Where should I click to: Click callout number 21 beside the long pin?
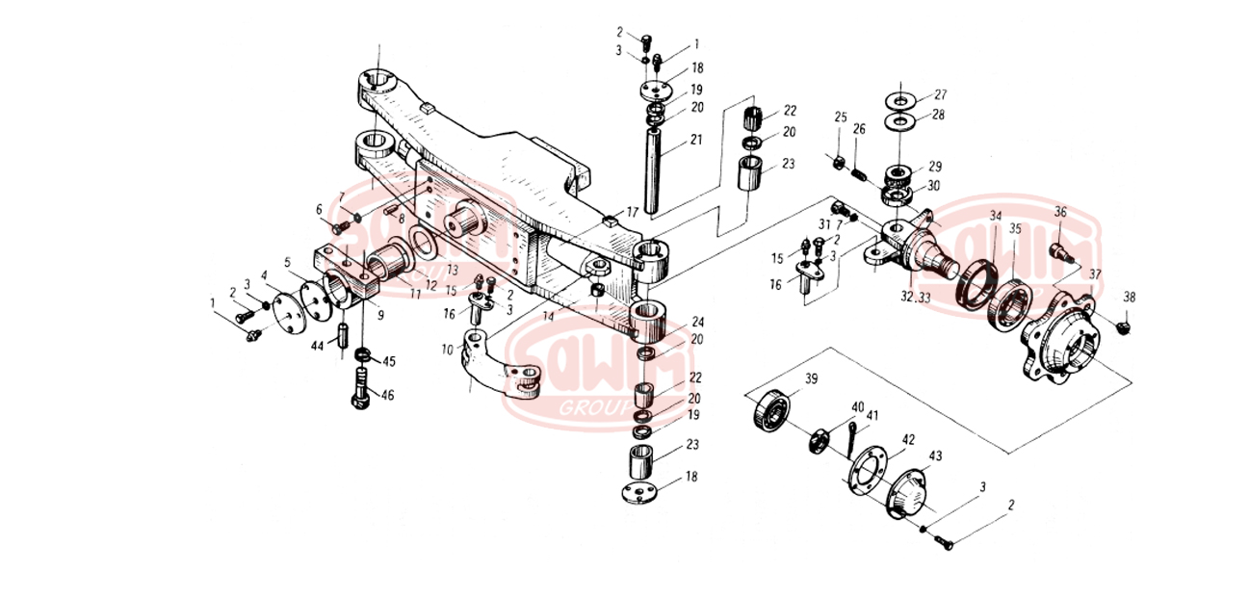(696, 140)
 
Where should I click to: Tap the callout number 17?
(633, 211)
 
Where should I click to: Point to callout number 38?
(1130, 298)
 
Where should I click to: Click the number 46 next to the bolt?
(388, 395)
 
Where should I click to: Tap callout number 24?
(698, 322)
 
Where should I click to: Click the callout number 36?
(1060, 212)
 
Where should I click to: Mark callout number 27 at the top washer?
(941, 94)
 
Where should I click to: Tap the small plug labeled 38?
(1125, 330)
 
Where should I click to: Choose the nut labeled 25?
(840, 159)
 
